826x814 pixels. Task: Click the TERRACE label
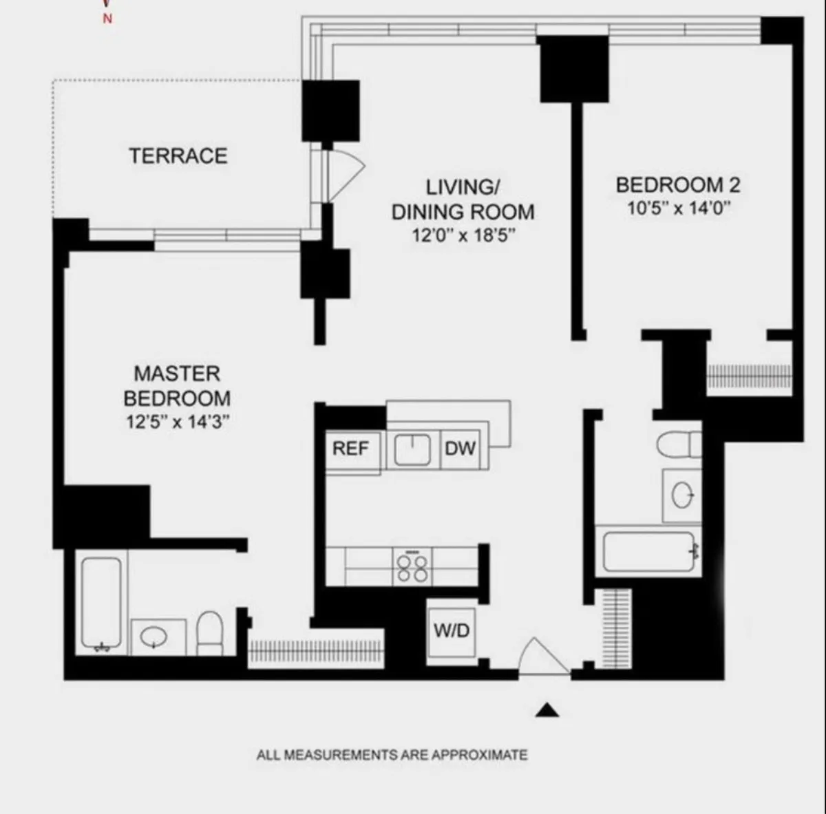[x=178, y=156]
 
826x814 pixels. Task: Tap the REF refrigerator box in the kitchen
[x=350, y=449]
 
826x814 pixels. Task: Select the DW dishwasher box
[x=460, y=449]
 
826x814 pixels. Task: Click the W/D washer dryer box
[x=451, y=630]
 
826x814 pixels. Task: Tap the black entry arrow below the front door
[x=547, y=710]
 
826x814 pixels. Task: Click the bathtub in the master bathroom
[x=101, y=603]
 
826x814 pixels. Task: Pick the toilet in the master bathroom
[x=209, y=633]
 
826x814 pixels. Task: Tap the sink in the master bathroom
[x=156, y=638]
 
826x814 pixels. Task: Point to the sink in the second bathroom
[x=682, y=495]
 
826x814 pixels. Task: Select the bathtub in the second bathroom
[x=648, y=551]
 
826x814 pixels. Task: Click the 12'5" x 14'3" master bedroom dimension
[x=177, y=422]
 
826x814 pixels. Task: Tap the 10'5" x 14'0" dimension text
[x=677, y=208]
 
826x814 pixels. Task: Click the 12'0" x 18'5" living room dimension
[x=463, y=235]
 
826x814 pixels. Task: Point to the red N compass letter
[x=107, y=19]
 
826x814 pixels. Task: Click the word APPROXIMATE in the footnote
[x=479, y=755]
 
